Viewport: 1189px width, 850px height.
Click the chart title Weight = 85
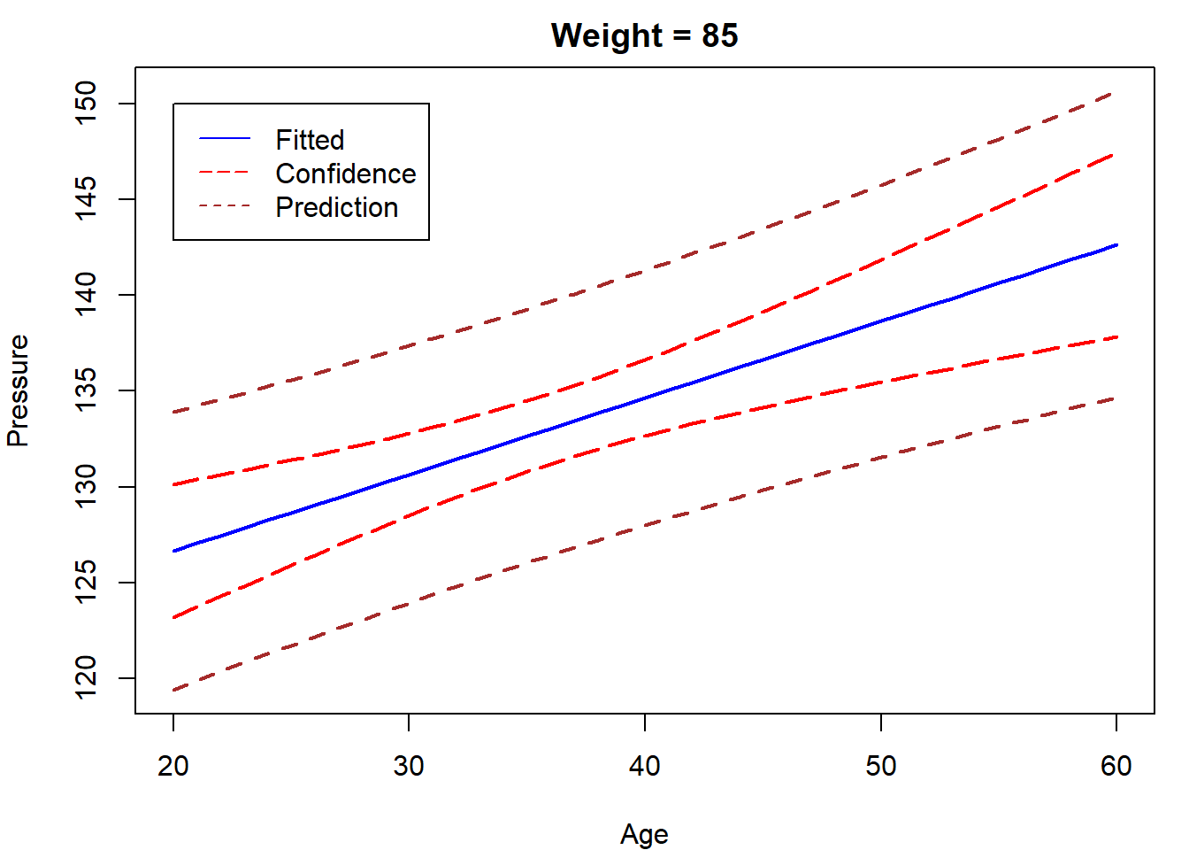pyautogui.click(x=644, y=35)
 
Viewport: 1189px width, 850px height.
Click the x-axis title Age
pyautogui.click(x=644, y=834)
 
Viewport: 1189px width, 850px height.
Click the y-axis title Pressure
pyautogui.click(x=18, y=390)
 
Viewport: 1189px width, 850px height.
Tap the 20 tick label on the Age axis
pyautogui.click(x=173, y=766)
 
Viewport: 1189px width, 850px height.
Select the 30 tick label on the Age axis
pyautogui.click(x=409, y=766)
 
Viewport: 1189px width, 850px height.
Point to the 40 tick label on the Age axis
pyautogui.click(x=645, y=766)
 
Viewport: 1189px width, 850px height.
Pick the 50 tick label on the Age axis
pyautogui.click(x=881, y=766)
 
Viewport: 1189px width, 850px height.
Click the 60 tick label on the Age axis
pyautogui.click(x=1116, y=766)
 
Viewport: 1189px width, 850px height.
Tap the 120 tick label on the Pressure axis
pyautogui.click(x=87, y=678)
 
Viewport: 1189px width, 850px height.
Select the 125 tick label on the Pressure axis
pyautogui.click(x=87, y=583)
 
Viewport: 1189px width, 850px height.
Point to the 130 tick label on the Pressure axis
pyautogui.click(x=87, y=487)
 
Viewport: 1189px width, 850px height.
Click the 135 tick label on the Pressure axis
pyautogui.click(x=87, y=390)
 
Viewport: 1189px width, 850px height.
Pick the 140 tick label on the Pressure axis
pyautogui.click(x=87, y=295)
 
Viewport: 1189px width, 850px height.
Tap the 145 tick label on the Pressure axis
pyautogui.click(x=87, y=199)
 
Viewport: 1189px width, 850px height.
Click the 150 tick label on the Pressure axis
pyautogui.click(x=87, y=104)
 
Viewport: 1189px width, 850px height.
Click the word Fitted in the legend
pyautogui.click(x=310, y=140)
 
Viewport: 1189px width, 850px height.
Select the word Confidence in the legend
pyautogui.click(x=346, y=174)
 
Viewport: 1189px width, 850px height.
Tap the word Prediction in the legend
pyautogui.click(x=337, y=207)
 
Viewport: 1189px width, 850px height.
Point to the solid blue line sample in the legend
pyautogui.click(x=225, y=139)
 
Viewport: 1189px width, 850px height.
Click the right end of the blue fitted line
pyautogui.click(x=1116, y=245)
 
